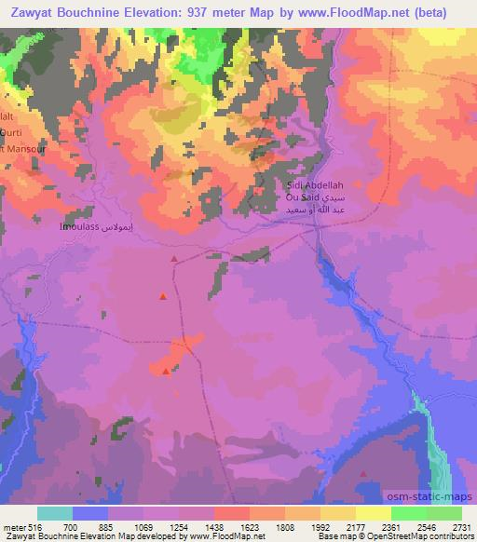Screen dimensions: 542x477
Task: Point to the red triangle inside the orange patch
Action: pyautogui.click(x=166, y=372)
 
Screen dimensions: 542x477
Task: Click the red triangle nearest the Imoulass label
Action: pyautogui.click(x=173, y=259)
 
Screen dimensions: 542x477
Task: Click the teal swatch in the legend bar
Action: pyautogui.click(x=55, y=513)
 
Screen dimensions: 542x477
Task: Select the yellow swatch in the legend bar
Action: pyautogui.click(x=373, y=513)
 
